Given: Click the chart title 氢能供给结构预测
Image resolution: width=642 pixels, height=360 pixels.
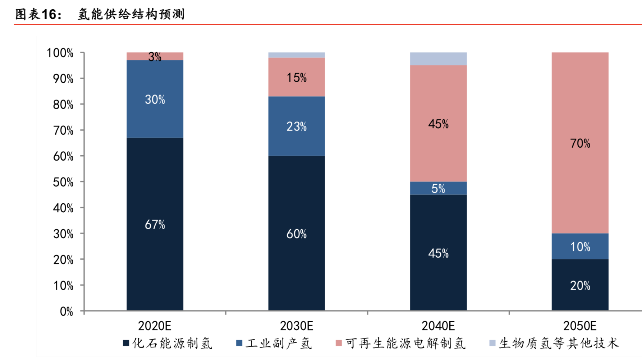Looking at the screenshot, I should click(131, 14).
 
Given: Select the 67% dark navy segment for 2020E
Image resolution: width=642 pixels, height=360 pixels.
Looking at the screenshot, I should click(155, 224).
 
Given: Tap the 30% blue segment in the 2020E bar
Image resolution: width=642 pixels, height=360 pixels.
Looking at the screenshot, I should click(155, 99).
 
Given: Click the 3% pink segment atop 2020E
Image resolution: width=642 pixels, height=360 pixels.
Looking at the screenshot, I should click(155, 56).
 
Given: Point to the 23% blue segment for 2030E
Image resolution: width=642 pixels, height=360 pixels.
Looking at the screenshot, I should click(297, 126).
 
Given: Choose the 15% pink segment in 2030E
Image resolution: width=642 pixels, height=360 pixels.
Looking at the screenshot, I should click(297, 77).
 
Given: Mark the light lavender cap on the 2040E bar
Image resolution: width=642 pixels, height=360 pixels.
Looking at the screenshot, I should click(438, 59).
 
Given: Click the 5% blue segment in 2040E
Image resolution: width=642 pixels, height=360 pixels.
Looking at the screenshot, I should click(438, 188).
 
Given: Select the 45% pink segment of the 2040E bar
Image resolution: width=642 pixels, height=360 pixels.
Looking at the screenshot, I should click(438, 124).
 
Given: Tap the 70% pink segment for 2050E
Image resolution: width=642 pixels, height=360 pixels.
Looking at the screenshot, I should click(580, 143).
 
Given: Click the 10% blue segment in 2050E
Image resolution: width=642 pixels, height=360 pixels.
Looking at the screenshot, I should click(580, 246).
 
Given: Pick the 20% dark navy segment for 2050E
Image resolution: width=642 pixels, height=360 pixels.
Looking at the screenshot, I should click(580, 285).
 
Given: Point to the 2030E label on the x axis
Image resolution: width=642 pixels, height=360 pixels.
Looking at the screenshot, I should click(297, 326).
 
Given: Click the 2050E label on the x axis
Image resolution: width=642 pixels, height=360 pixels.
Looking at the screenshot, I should click(580, 326).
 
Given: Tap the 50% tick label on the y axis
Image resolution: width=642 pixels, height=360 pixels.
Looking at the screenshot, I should click(63, 182).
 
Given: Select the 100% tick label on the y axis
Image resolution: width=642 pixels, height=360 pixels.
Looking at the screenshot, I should click(60, 53).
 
